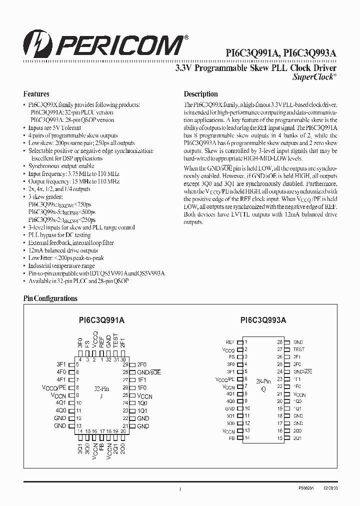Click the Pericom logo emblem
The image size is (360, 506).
39,44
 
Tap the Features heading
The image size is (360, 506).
36,94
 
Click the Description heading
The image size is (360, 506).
200,94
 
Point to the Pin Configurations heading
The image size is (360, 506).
50,298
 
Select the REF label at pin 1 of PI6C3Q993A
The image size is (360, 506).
230,342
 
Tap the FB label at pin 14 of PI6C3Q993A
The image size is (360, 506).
231,438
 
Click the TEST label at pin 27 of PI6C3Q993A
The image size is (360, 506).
298,349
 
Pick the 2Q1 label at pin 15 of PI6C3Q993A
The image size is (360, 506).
297,438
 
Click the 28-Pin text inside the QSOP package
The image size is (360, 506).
263,381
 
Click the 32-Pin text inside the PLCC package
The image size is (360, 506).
101,388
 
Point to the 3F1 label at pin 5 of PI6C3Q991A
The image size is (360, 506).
61,364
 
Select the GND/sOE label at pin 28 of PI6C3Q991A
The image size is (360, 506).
149,372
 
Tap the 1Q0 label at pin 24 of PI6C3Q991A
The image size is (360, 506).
142,403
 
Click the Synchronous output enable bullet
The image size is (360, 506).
61,166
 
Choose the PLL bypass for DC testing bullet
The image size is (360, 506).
59,235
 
